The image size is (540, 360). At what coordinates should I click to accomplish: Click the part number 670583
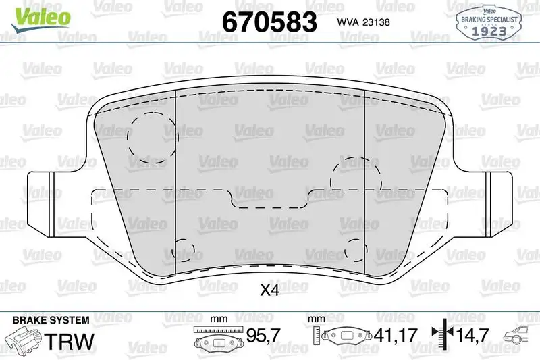click(269, 22)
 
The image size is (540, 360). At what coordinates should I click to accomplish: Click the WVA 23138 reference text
click(363, 22)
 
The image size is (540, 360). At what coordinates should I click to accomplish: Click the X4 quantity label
click(269, 290)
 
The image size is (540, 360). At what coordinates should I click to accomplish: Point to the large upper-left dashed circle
click(153, 138)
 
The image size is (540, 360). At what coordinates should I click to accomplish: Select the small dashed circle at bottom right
click(356, 250)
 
